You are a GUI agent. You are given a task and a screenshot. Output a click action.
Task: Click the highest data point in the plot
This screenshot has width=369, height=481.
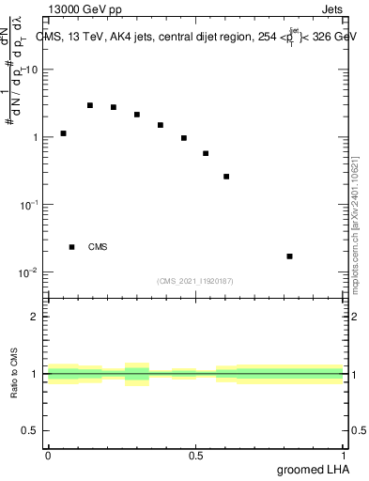[90, 105]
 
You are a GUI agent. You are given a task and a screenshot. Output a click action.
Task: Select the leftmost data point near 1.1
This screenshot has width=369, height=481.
[63, 133]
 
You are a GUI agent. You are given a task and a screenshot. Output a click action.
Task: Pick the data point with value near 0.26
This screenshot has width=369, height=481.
[226, 177]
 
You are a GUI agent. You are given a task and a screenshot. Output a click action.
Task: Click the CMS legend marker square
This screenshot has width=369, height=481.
[72, 247]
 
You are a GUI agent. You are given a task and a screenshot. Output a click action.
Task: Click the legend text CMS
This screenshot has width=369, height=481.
[98, 247]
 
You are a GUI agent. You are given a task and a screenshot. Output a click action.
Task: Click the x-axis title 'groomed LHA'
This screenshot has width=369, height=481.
[311, 469]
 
